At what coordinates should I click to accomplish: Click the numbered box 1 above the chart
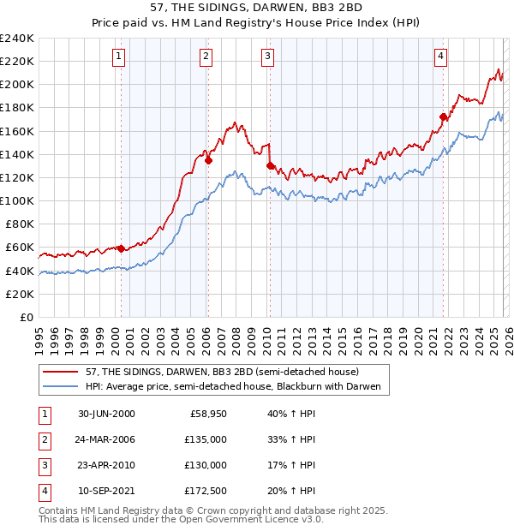pos(118,57)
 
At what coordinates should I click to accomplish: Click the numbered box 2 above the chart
pos(206,57)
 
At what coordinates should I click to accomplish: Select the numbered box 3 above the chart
pos(268,57)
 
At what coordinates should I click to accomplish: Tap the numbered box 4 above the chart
pos(440,57)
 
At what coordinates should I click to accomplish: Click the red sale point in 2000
pos(122,248)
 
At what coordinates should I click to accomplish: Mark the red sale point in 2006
pos(208,159)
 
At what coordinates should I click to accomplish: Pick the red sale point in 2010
pos(270,165)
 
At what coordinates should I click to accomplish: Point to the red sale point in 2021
pos(443,116)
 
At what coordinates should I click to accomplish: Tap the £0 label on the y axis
pos(26,317)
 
